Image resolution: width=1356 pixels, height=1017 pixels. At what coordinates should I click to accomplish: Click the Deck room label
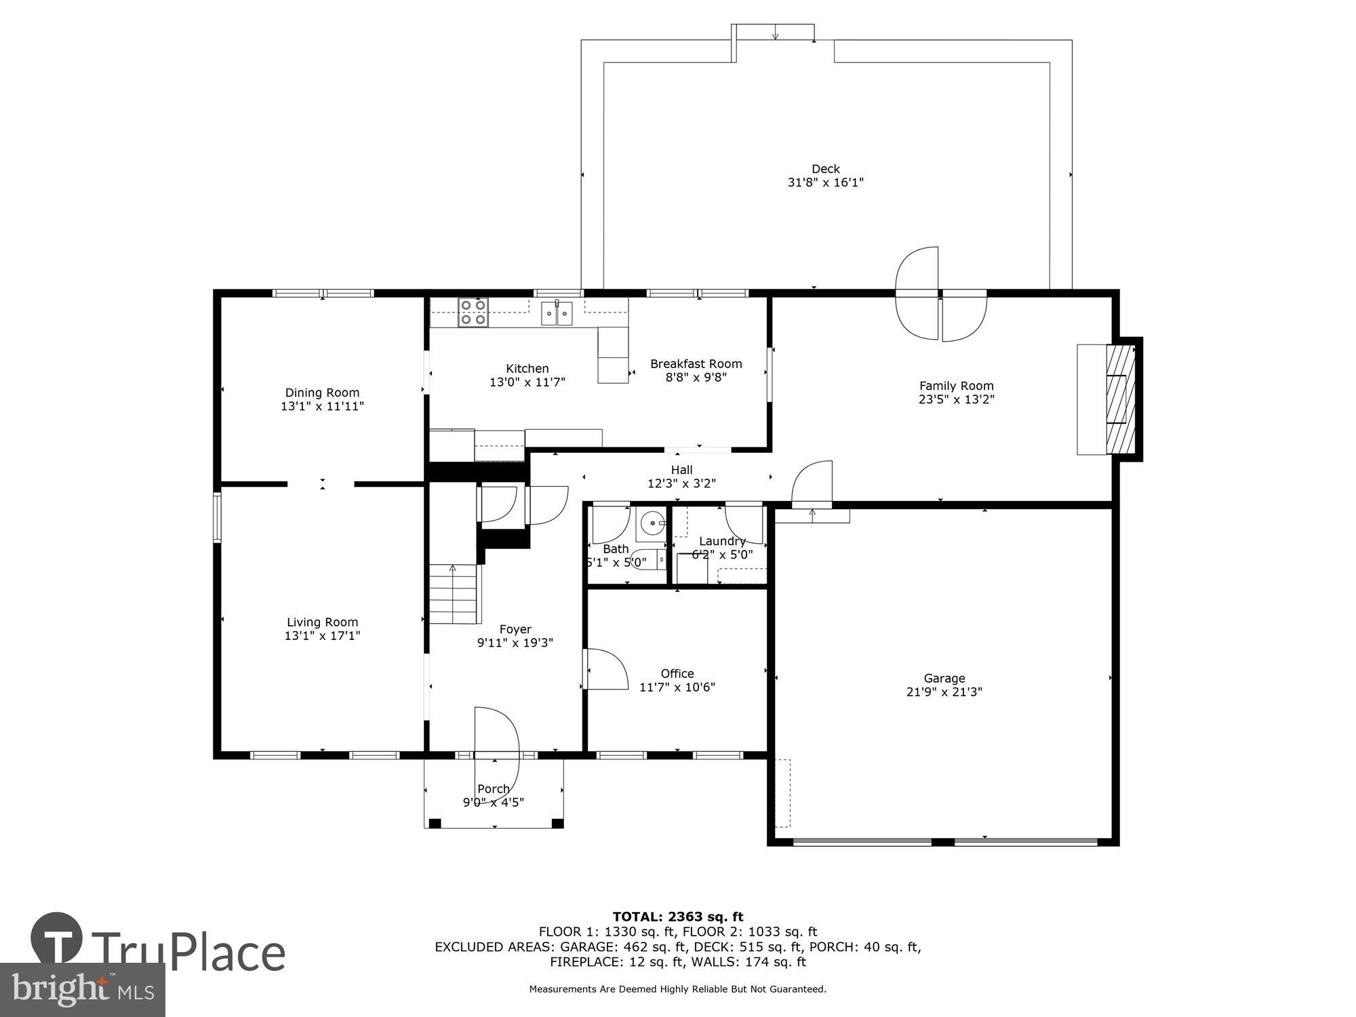pyautogui.click(x=825, y=169)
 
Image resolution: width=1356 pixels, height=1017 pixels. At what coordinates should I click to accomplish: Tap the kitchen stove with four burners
pyautogui.click(x=473, y=313)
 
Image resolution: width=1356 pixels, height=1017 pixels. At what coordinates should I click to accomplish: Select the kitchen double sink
pyautogui.click(x=557, y=314)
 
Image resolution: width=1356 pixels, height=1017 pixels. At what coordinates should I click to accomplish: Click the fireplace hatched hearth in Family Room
pyautogui.click(x=1120, y=399)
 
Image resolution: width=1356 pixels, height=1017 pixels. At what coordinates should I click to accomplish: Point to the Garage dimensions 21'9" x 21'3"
pyautogui.click(x=944, y=692)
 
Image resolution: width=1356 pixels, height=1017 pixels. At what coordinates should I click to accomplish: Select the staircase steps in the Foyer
pyautogui.click(x=454, y=594)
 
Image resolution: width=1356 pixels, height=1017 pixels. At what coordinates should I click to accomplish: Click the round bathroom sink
pyautogui.click(x=653, y=523)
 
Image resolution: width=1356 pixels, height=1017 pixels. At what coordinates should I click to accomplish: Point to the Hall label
pyautogui.click(x=681, y=470)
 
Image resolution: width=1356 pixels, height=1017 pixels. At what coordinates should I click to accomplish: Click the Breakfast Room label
pyautogui.click(x=696, y=364)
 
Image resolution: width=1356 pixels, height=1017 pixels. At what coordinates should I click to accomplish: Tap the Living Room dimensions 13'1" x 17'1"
pyautogui.click(x=322, y=636)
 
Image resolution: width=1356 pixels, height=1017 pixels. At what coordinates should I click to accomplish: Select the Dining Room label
pyautogui.click(x=322, y=393)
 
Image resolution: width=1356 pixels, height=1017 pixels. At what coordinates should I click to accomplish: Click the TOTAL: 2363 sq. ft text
pyautogui.click(x=677, y=917)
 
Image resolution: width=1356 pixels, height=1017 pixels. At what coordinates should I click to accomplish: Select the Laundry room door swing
pyautogui.click(x=744, y=523)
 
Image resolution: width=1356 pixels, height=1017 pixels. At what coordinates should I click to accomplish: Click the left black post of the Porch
pyautogui.click(x=435, y=824)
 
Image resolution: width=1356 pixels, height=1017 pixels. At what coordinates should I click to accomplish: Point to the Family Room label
pyautogui.click(x=956, y=386)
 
